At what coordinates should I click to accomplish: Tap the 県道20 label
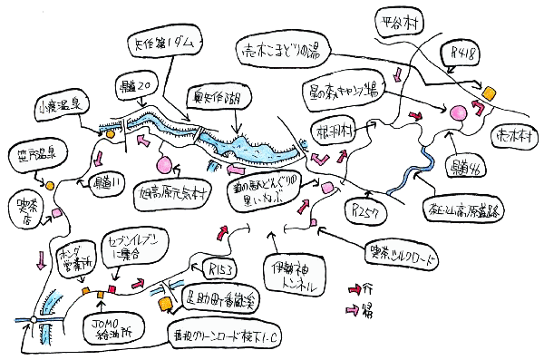click(139, 85)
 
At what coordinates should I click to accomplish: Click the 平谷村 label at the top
click(400, 22)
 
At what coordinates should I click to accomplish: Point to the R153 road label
click(223, 269)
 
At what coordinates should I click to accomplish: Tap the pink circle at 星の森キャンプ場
click(452, 113)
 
